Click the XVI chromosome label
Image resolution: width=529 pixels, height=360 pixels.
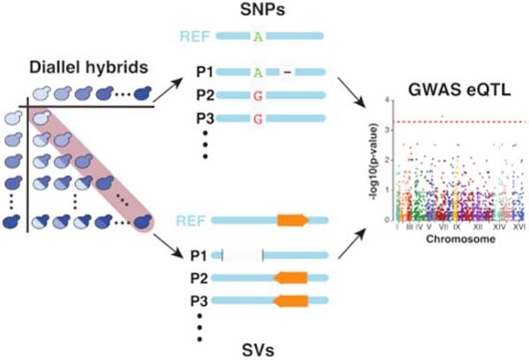(519, 229)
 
